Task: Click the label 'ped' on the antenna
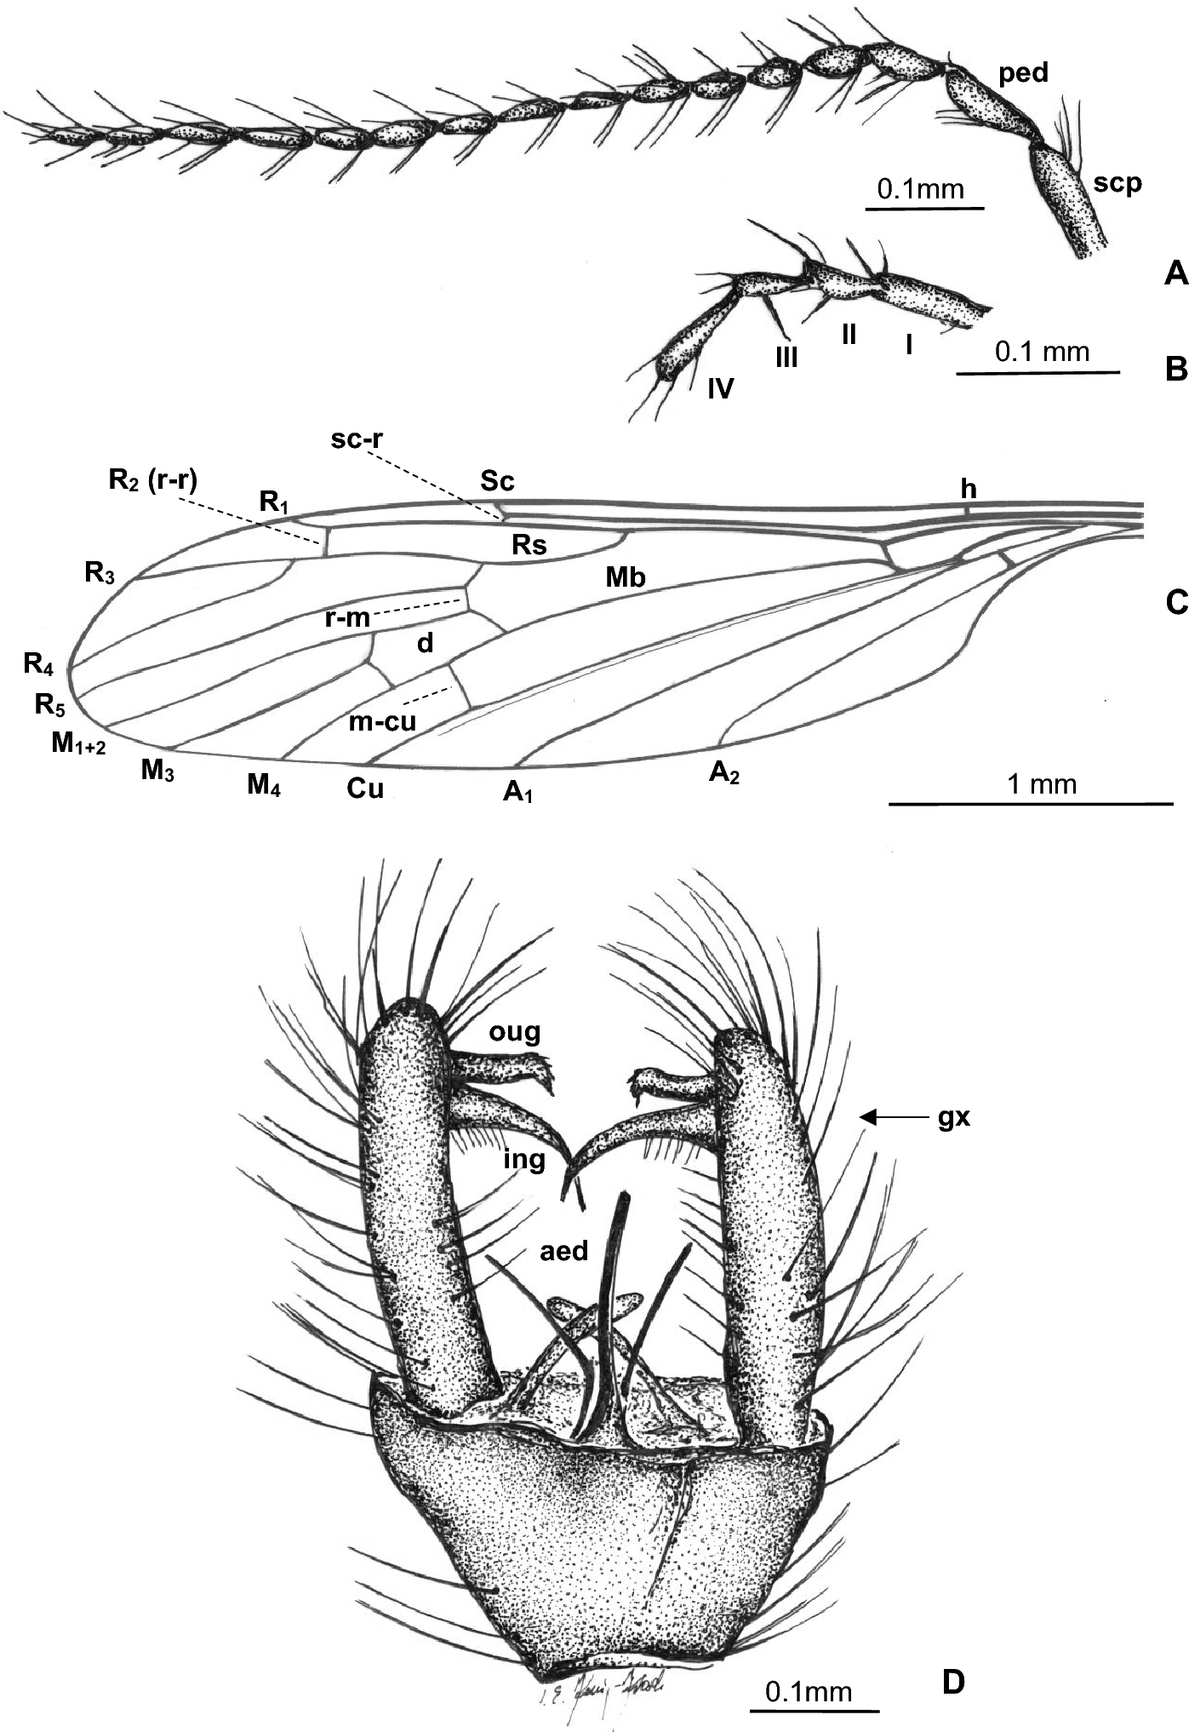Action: point(1023,74)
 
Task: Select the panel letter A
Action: point(1175,273)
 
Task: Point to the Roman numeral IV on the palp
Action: point(720,389)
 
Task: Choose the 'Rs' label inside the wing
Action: point(529,544)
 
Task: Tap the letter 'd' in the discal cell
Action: point(425,643)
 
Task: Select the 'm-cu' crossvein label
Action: point(382,721)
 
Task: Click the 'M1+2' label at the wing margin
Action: point(78,744)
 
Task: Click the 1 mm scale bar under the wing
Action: point(1031,802)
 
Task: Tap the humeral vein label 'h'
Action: point(969,489)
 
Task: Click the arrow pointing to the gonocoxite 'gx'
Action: point(890,1116)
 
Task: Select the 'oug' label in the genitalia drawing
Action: point(515,1032)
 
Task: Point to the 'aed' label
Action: point(564,1250)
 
